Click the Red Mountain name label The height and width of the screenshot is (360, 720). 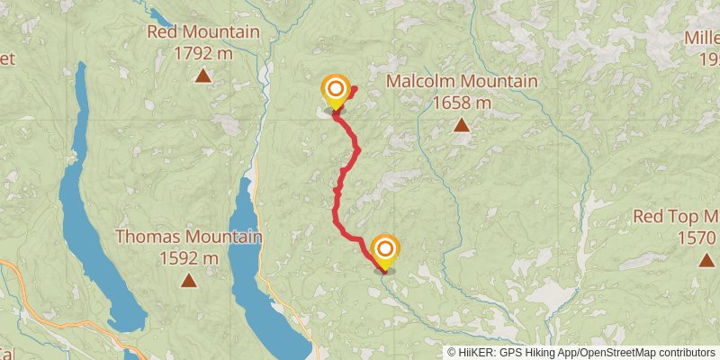[x=203, y=32]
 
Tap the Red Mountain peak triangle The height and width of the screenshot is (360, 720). [x=204, y=76]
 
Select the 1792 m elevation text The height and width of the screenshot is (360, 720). [x=203, y=53]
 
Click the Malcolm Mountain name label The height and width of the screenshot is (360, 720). [x=462, y=82]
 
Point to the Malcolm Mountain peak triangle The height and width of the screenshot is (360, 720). [x=461, y=125]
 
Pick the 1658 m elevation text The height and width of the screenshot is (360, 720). [x=462, y=103]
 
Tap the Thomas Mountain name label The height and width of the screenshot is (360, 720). [x=189, y=238]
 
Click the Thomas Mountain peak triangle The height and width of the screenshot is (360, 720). [x=188, y=280]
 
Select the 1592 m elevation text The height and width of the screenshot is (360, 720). [x=189, y=258]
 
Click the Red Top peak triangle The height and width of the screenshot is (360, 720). [x=706, y=259]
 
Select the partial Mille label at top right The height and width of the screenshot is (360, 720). [x=701, y=38]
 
